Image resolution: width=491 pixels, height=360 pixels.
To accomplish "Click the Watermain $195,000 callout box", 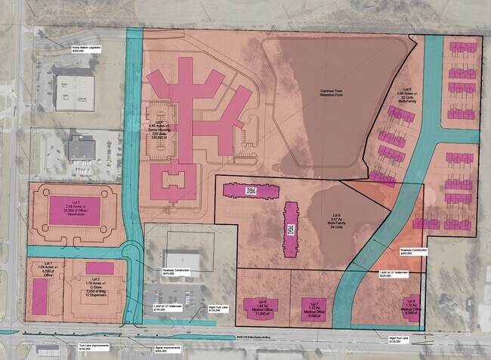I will [x=164, y=307].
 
